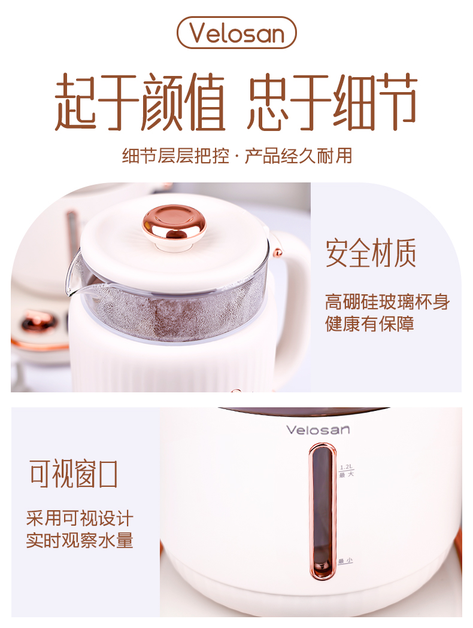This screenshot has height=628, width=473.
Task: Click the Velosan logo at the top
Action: point(236,32)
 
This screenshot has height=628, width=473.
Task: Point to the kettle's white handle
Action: point(290,288)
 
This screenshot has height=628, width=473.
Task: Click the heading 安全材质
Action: point(371,252)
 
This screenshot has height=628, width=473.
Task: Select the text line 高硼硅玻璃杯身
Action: point(387,301)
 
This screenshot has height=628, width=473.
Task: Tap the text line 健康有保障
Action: point(369,324)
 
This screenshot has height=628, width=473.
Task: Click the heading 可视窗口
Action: point(74,474)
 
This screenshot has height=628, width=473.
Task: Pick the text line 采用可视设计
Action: point(80,519)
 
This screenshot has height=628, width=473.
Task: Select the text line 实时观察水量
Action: point(80,540)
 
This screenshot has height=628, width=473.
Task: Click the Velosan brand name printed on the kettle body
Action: point(319,430)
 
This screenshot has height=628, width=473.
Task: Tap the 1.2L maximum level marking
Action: point(347,471)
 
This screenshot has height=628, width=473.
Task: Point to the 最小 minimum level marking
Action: point(345,561)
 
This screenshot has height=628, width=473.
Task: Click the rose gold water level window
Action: point(322,511)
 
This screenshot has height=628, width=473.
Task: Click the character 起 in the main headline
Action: point(76,102)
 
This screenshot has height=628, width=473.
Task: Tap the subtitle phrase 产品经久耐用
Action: point(298,156)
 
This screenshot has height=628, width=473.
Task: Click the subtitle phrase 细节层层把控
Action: point(175,156)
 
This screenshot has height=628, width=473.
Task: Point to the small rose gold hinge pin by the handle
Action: point(277,252)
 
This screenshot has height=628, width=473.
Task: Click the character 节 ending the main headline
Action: point(395,102)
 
